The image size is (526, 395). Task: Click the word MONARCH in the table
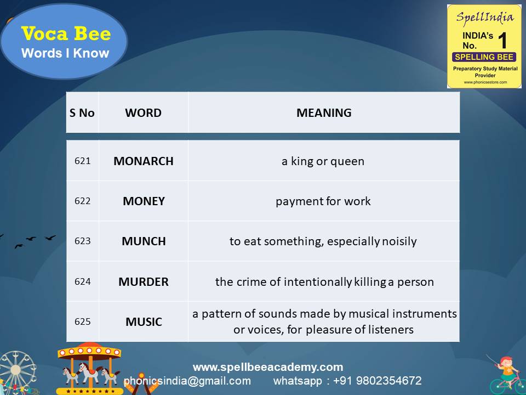(x=144, y=161)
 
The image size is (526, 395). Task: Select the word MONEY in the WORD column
(x=144, y=201)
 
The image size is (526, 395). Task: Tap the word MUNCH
(x=144, y=241)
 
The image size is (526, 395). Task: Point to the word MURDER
(x=144, y=282)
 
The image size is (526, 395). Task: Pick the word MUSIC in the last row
(x=144, y=322)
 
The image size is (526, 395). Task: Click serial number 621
(x=83, y=161)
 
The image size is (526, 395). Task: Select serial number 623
(x=83, y=241)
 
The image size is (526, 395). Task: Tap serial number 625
(x=83, y=322)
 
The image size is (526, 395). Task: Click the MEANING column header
(x=324, y=113)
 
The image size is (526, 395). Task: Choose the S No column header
(x=82, y=113)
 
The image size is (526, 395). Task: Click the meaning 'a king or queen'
(x=323, y=161)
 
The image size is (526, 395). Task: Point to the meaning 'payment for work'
(x=323, y=201)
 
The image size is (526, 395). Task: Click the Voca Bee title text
(x=66, y=34)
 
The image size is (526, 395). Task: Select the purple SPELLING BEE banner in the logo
(x=483, y=57)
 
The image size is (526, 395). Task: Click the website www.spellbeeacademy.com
(x=268, y=367)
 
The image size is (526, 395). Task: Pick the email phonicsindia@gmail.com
(x=187, y=381)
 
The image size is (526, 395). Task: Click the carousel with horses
(x=89, y=369)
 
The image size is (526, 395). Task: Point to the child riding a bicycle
(x=507, y=373)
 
